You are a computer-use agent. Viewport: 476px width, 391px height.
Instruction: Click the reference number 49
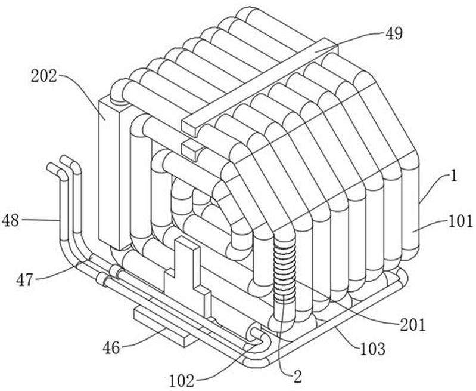pos(394,34)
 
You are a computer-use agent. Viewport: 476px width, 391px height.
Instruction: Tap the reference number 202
pos(43,76)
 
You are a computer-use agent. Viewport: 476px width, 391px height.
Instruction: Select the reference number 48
pos(10,220)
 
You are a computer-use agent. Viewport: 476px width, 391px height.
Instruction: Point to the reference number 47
pos(24,279)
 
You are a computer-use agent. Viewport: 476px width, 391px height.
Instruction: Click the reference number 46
pos(111,347)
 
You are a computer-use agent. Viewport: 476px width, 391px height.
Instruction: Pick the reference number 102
pos(181,380)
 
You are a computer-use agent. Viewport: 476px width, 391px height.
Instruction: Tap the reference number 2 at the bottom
pos(298,377)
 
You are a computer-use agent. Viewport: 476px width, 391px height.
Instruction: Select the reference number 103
pos(372,349)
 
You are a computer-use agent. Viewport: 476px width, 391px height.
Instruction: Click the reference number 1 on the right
pos(453,176)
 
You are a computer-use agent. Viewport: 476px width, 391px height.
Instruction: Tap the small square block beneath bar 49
pos(192,150)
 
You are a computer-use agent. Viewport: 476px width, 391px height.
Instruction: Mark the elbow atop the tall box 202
pos(120,91)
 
